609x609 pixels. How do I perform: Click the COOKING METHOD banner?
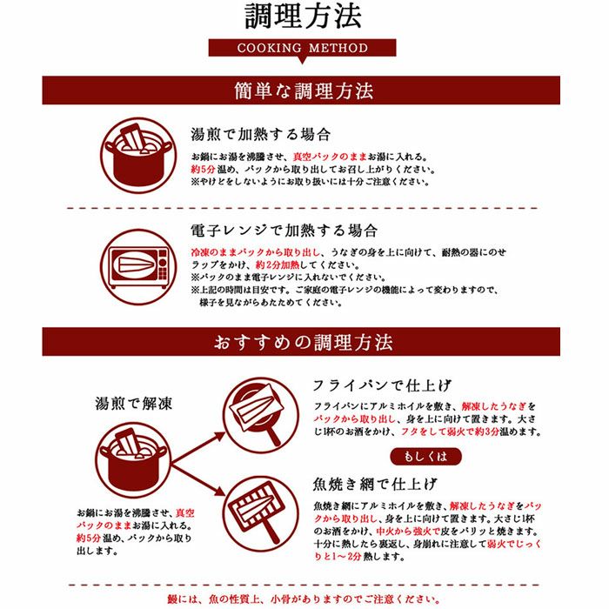tap(303, 49)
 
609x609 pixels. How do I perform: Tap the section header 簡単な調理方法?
tap(304, 90)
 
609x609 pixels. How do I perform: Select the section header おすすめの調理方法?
tap(304, 342)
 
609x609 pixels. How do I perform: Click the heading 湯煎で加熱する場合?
tap(261, 135)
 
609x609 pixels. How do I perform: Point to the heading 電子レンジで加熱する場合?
tap(284, 231)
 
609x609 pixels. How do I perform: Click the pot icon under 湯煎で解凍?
tap(132, 452)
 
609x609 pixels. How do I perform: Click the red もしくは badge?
tap(425, 457)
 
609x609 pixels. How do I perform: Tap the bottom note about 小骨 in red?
tap(304, 599)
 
